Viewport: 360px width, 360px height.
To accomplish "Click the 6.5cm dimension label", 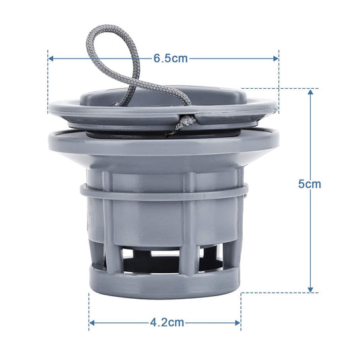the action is [x=170, y=59].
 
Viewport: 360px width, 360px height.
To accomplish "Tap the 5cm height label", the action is [x=310, y=184].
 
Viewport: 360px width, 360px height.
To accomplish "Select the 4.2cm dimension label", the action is [x=167, y=322].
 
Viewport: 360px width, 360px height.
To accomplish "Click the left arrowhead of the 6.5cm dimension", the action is [x=51, y=59].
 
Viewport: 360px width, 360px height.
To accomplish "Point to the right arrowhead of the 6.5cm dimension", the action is [x=276, y=59].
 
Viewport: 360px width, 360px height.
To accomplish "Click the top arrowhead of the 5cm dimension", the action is [x=310, y=92].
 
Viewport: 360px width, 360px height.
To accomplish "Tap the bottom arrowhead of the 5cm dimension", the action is [x=310, y=289].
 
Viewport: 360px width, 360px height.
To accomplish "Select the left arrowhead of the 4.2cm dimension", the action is [x=92, y=323].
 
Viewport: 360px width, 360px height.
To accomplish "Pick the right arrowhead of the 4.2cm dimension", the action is [x=238, y=323].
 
